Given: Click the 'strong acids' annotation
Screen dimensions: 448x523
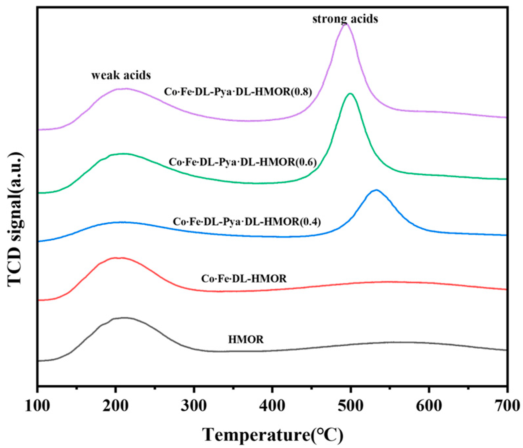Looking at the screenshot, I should pyautogui.click(x=345, y=19).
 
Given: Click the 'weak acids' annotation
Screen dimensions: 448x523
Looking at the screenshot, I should pyautogui.click(x=121, y=75).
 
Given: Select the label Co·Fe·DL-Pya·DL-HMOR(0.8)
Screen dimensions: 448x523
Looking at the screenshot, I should pyautogui.click(x=238, y=91).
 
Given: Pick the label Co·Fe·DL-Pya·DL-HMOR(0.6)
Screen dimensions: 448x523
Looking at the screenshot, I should pyautogui.click(x=243, y=162).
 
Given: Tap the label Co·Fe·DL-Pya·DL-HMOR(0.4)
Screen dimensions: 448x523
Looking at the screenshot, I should pyautogui.click(x=247, y=221).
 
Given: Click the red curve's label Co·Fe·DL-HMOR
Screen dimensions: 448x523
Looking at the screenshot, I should pyautogui.click(x=244, y=279).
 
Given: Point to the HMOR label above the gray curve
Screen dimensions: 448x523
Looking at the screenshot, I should pyautogui.click(x=246, y=339).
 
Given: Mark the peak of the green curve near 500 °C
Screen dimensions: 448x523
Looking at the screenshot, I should pyautogui.click(x=350, y=94).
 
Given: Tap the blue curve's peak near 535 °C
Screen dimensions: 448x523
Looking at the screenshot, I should pyautogui.click(x=377, y=190).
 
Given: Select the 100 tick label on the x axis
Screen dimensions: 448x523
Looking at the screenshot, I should pyautogui.click(x=38, y=406).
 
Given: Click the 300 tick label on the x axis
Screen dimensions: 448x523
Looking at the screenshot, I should pyautogui.click(x=194, y=406).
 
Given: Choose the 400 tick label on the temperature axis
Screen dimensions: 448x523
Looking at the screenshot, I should pyautogui.click(x=272, y=406).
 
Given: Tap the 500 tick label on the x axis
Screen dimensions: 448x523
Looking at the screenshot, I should pyautogui.click(x=350, y=406).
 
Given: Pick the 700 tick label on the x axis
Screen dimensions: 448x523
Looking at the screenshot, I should pyautogui.click(x=506, y=406).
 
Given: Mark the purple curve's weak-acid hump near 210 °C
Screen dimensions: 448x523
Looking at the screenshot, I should pyautogui.click(x=123, y=88).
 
